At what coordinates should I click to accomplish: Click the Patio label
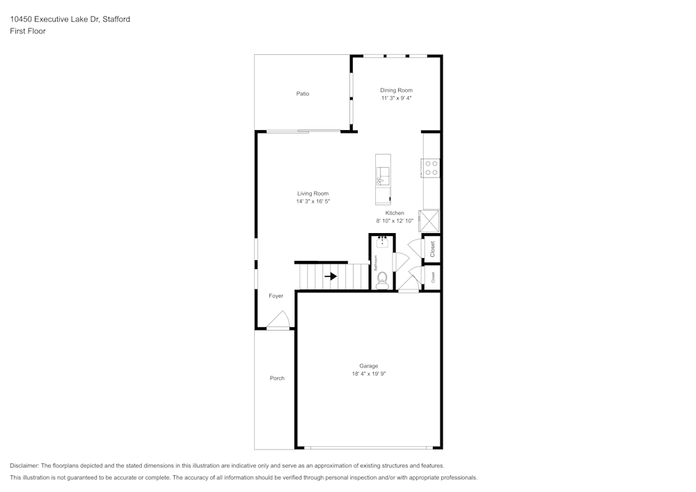[x=303, y=94]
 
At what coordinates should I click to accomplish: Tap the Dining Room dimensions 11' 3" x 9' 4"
[x=396, y=99]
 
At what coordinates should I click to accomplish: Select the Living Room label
[x=313, y=193]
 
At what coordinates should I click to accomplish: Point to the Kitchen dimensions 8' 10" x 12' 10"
[x=395, y=221]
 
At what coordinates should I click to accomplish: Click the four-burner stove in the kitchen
[x=432, y=168]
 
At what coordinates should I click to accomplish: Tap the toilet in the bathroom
[x=382, y=281]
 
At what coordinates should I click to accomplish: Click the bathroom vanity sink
[x=382, y=243]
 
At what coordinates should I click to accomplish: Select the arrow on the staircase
[x=331, y=276]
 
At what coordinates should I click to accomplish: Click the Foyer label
[x=276, y=296]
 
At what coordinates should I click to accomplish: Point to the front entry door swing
[x=278, y=321]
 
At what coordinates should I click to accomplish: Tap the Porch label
[x=277, y=379]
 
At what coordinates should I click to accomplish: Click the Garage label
[x=368, y=366]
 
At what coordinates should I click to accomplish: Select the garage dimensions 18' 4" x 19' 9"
[x=368, y=374]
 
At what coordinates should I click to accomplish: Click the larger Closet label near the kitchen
[x=432, y=249]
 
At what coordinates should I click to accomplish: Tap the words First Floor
[x=28, y=31]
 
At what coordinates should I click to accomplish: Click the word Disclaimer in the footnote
[x=24, y=466]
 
